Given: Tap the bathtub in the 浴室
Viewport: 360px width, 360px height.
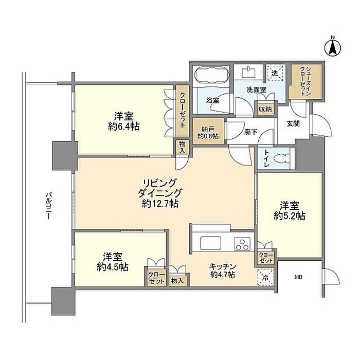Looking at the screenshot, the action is tap(212, 75).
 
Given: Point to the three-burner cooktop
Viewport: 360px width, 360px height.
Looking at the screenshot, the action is tap(242, 244).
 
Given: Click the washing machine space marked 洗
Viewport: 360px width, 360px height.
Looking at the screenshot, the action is tap(275, 74).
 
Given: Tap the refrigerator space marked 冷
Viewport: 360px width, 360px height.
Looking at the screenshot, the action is tap(266, 278).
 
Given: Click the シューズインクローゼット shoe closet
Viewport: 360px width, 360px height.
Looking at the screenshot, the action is tap(305, 82).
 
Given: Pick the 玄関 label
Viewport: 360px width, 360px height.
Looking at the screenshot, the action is tap(293, 124).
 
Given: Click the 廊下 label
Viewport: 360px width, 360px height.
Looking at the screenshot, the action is tap(251, 132).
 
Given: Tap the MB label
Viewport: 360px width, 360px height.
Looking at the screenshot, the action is tap(298, 277).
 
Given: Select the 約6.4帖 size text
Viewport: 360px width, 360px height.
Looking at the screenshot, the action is tap(124, 127).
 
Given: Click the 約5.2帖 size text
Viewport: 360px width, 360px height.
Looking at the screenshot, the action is tap(289, 216).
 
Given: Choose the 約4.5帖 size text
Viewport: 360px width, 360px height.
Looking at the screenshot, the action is tap(113, 267).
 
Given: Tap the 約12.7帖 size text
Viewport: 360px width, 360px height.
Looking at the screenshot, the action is tap(160, 204).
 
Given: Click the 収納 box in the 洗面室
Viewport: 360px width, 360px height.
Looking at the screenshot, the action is tap(265, 109).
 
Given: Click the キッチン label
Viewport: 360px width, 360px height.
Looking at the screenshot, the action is tap(223, 267).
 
